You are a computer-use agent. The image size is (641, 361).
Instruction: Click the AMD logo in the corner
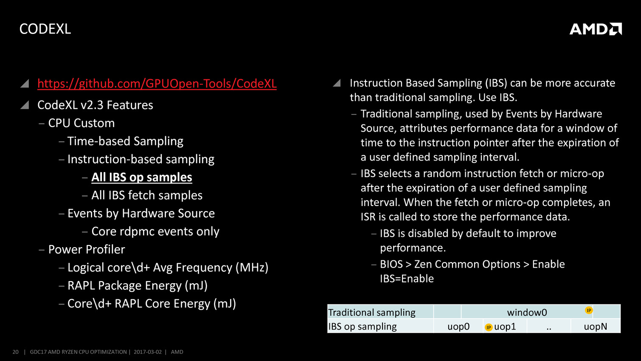596,29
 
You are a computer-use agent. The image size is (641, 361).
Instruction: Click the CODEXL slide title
45,29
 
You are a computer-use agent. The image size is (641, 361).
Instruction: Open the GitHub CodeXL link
157,84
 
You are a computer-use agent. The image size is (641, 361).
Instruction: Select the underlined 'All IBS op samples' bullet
142,177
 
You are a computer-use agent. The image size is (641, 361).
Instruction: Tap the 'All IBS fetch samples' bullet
147,195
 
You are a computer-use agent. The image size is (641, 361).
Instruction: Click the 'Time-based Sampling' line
125,141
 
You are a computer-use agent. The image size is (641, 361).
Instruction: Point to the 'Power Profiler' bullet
87,249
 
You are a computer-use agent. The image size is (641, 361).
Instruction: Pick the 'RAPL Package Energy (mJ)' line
138,285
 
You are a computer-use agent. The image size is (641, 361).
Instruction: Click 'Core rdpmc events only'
155,231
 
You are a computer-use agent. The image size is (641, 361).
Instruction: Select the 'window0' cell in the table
527,312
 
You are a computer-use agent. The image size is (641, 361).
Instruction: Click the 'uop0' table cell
458,327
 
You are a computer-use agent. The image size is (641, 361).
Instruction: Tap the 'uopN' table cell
596,327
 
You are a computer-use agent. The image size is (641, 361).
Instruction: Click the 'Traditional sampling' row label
371,312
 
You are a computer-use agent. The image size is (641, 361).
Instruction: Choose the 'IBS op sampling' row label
362,327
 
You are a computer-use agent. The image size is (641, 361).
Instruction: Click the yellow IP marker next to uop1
489,327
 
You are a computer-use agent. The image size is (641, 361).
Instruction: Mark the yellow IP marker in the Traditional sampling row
589,310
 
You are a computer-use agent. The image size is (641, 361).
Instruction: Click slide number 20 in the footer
15,352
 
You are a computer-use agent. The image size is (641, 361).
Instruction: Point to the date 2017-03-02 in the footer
148,352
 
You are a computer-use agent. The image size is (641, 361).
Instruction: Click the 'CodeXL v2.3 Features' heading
95,105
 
